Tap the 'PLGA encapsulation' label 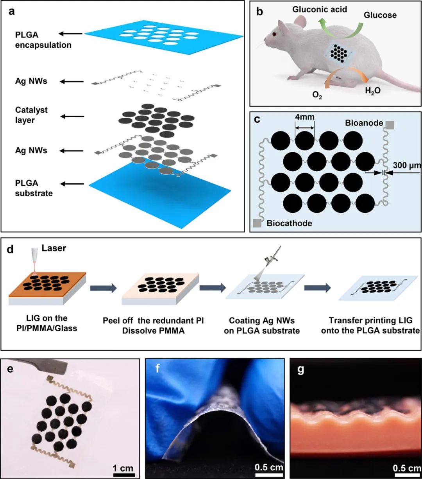pos(43,40)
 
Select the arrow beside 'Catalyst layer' pos(73,116)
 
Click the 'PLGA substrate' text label pos(34,188)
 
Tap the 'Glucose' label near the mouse pos(380,16)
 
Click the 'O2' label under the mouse pos(317,95)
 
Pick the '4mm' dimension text pos(305,117)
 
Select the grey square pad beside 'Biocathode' pos(257,223)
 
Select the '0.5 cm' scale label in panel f pos(269,467)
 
